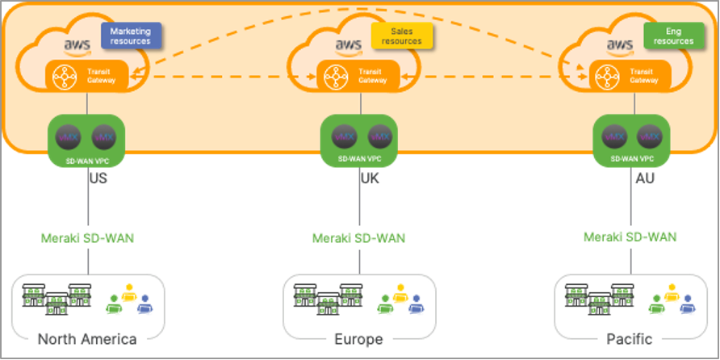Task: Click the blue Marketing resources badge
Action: (x=131, y=36)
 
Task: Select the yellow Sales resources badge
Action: (x=402, y=36)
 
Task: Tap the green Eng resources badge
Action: (x=674, y=36)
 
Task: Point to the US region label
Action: (x=98, y=178)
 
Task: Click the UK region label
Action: (x=370, y=178)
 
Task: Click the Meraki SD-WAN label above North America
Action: (x=87, y=238)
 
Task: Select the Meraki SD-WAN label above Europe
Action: (x=358, y=238)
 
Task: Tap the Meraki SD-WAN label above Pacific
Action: (x=630, y=238)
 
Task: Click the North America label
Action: (x=87, y=338)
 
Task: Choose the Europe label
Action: (x=358, y=338)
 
